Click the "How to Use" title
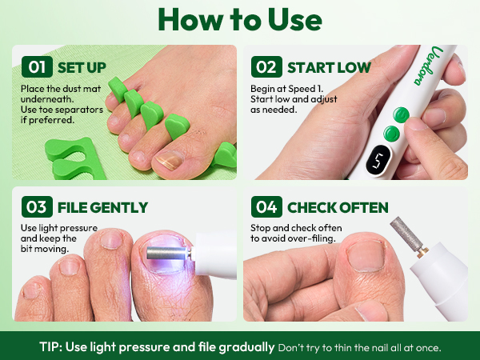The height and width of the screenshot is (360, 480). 240,20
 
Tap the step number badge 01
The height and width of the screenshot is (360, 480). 37,66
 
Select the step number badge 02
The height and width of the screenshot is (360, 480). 266,66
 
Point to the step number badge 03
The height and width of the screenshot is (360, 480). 37,206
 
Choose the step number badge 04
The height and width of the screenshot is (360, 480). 266,206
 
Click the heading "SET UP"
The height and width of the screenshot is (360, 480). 82,68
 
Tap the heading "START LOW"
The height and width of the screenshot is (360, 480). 329,68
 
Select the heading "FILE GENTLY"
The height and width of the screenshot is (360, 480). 103,207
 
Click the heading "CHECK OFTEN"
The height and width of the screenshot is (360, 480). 338,207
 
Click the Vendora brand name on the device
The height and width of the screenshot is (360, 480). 429,66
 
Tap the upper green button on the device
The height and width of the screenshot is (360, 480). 401,115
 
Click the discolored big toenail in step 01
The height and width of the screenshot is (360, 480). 170,159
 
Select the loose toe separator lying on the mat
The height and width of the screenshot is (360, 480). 73,158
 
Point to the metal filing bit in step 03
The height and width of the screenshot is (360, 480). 167,253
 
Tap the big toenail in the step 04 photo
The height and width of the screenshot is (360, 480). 366,256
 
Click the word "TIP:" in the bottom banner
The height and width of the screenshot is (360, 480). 50,347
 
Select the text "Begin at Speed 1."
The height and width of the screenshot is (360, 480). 287,89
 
